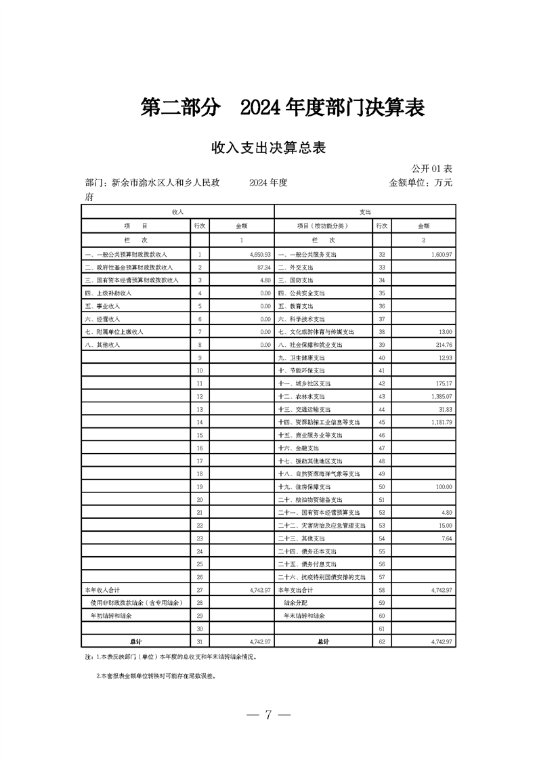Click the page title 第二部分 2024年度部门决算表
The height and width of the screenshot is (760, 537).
coord(282,108)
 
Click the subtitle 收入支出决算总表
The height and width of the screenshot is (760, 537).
coord(269,148)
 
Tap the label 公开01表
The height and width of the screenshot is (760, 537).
coord(432,167)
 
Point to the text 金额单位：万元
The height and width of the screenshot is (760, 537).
coord(421,182)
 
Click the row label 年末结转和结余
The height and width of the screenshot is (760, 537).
coord(304,616)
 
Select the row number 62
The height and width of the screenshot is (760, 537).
coord(382,641)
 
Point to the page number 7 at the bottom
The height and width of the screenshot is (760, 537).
coord(268,715)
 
